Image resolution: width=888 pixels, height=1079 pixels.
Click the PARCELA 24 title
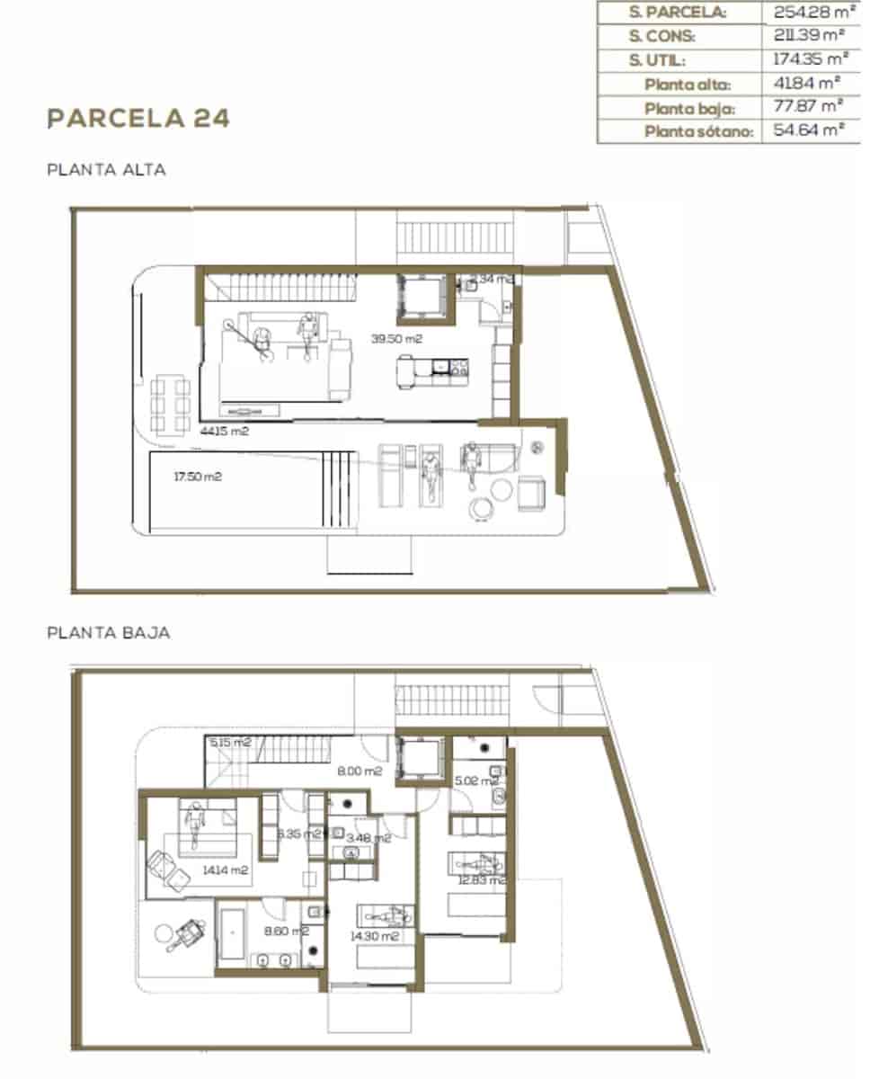[x=138, y=118]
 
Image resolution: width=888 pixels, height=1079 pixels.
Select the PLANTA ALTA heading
[x=106, y=169]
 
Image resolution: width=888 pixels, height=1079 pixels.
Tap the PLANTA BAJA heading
[x=108, y=633]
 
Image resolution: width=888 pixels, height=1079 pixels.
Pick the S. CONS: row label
[x=663, y=37]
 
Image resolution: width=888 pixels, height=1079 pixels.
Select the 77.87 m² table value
[x=808, y=107]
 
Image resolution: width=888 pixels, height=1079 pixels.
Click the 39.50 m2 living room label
[x=396, y=339]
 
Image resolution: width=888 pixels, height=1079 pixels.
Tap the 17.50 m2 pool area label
[x=198, y=477]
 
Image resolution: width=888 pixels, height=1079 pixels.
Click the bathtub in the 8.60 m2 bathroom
[x=232, y=934]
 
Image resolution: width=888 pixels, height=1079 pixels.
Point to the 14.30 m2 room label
[x=374, y=936]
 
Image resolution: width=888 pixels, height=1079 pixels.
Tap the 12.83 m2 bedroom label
[x=482, y=880]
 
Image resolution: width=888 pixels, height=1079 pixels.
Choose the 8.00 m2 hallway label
[x=360, y=771]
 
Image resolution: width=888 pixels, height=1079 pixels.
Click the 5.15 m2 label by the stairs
[x=230, y=743]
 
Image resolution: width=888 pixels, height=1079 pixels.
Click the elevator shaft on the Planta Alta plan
[x=422, y=296]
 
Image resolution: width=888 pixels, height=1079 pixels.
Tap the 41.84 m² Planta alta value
[x=808, y=84]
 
